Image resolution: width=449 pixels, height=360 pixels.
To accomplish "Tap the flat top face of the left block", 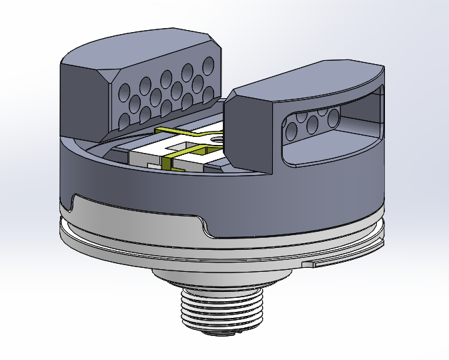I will [x=140, y=47].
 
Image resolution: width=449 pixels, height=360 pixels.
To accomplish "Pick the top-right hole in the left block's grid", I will [x=209, y=65].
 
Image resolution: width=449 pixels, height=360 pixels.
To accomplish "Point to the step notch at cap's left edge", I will [x=72, y=200].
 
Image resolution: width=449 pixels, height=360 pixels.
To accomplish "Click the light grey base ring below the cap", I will [x=133, y=227].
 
